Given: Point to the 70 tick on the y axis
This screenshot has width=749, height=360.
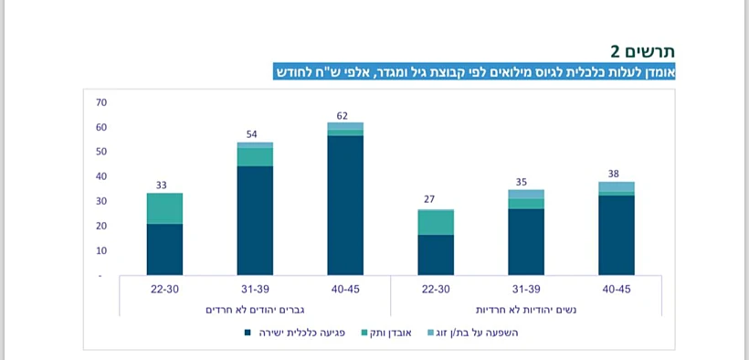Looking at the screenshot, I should tap(101, 102).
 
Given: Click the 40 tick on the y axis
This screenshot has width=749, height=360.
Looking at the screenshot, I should tap(101, 176).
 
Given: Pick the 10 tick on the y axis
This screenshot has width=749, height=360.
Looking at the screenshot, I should tap(101, 250).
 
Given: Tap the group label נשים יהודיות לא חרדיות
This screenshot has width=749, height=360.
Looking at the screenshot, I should tap(526, 310).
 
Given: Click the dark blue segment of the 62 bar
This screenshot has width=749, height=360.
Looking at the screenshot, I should tap(345, 206).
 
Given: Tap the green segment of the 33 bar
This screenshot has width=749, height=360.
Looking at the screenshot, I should tap(164, 208).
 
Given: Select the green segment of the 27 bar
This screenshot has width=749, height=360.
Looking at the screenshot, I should tap(436, 222).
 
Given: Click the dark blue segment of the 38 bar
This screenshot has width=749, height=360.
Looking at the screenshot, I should tap(617, 235).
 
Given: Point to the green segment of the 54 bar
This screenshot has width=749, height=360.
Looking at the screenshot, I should tap(255, 157).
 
